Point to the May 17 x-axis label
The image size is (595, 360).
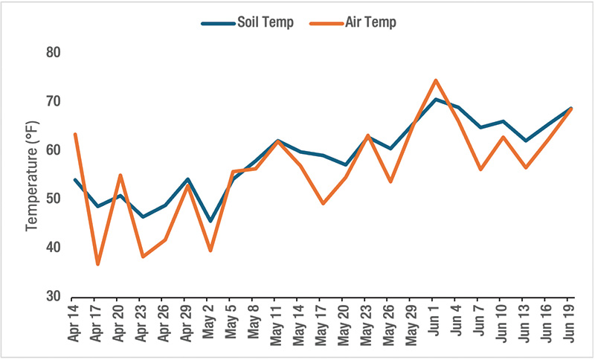pyautogui.click(x=323, y=322)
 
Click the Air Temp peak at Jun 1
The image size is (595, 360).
pyautogui.click(x=435, y=80)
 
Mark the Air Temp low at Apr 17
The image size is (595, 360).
pyautogui.click(x=97, y=264)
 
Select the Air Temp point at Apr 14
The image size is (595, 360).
pyautogui.click(x=75, y=135)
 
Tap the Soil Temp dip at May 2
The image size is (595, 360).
pyautogui.click(x=210, y=221)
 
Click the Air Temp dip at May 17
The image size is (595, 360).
pyautogui.click(x=323, y=203)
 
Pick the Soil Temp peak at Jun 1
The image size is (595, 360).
pyautogui.click(x=435, y=99)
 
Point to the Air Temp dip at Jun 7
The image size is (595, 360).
pyautogui.click(x=480, y=170)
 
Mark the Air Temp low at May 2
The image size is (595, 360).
pyautogui.click(x=210, y=251)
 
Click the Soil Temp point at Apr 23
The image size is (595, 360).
pyautogui.click(x=143, y=216)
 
